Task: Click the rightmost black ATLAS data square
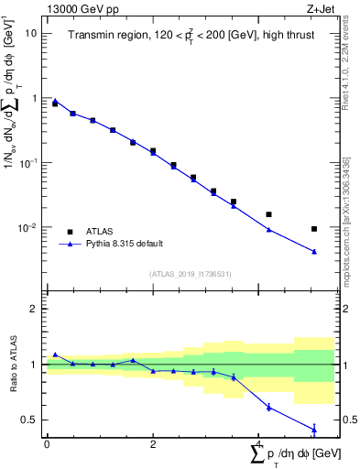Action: (x=314, y=229)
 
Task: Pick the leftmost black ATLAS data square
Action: (x=55, y=104)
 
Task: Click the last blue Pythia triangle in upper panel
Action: (x=314, y=252)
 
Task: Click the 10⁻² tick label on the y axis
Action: (x=29, y=228)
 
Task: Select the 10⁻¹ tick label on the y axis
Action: (x=29, y=163)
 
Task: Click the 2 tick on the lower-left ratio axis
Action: (x=35, y=309)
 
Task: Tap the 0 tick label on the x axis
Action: (x=46, y=444)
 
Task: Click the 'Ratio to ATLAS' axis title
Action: (x=12, y=365)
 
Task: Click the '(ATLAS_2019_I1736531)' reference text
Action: (x=191, y=274)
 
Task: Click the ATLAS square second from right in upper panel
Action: (x=268, y=214)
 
